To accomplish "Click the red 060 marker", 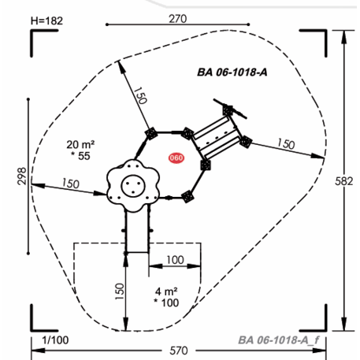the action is point(176,158).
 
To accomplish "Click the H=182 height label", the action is point(46,20).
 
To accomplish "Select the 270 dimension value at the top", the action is point(178,19).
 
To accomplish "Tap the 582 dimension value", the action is point(344,181).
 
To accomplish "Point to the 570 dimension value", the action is point(179,351).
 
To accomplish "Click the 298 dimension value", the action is point(23,176).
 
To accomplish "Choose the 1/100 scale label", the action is point(55,340).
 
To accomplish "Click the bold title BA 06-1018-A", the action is point(232,72).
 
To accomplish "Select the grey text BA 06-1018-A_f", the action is point(279,340).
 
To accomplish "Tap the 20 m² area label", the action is point(80,144).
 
